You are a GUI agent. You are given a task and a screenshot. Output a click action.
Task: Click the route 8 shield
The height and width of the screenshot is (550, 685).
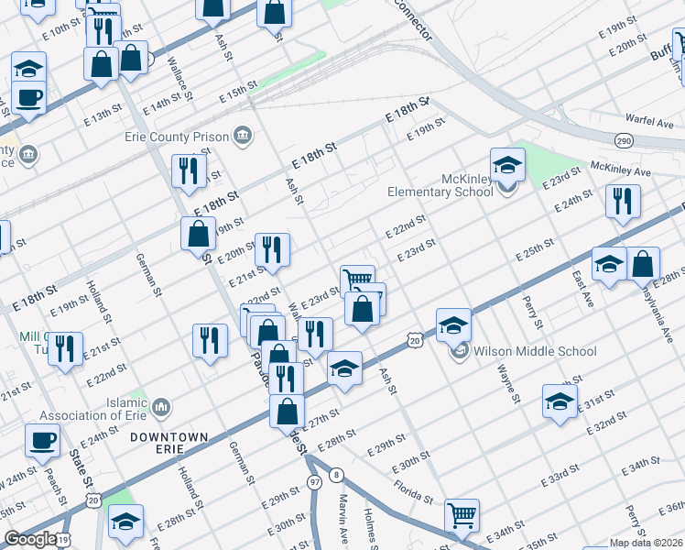337,474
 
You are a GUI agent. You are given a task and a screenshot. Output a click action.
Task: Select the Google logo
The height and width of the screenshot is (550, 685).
29,539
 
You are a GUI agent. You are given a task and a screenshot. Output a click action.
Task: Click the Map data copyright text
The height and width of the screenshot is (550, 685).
647,543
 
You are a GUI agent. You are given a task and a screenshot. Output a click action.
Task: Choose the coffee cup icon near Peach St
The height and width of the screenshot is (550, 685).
42,439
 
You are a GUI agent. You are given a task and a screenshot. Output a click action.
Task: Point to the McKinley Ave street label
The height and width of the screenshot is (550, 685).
620,170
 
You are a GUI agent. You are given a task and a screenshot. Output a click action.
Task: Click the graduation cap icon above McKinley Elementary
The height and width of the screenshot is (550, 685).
507,165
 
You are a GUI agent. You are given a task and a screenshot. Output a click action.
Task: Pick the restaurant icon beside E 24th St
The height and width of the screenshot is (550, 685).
623,201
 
